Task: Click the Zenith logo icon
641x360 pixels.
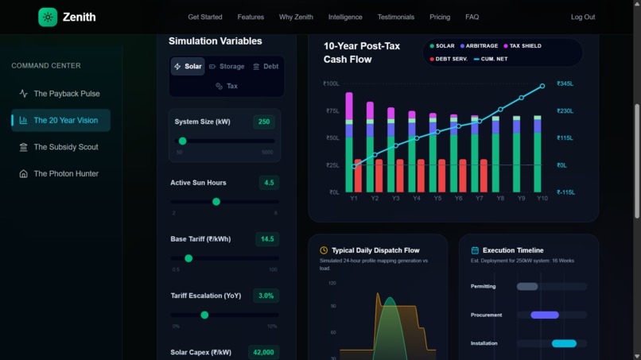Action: (48, 17)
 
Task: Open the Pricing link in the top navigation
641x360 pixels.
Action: (440, 17)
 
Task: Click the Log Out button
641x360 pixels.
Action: (582, 17)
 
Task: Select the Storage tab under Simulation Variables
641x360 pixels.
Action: (227, 67)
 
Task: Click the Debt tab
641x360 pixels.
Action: (266, 67)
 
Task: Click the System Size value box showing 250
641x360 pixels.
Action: (263, 122)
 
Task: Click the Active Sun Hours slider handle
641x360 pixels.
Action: (216, 202)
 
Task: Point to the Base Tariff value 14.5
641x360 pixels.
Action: (267, 239)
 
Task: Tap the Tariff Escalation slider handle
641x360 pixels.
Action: (204, 315)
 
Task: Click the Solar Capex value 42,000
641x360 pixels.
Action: (262, 352)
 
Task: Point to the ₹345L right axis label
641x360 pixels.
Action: (565, 83)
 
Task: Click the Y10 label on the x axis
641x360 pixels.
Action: (542, 198)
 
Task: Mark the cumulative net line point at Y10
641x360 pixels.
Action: (542, 86)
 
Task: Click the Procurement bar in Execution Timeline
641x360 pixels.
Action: (545, 315)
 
